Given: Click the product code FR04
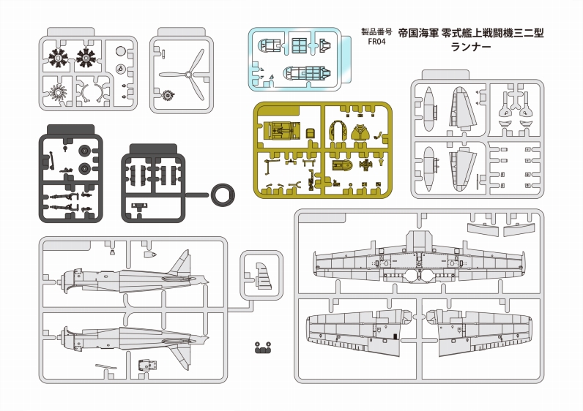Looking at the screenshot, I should tap(374, 43).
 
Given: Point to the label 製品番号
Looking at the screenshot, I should tap(375, 32).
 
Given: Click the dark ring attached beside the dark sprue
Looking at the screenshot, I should tap(222, 195).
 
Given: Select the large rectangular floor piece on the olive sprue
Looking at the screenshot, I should tap(281, 130).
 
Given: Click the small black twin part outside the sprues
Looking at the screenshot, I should tap(262, 348).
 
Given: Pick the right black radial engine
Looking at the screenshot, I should tap(86, 56).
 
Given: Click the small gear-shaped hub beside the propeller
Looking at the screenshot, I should tap(168, 95).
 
